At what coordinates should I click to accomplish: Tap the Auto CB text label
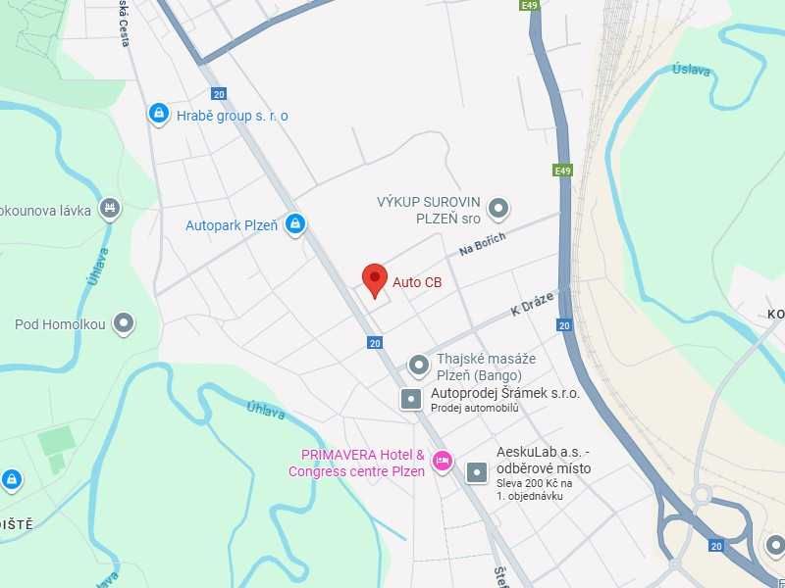click(417, 283)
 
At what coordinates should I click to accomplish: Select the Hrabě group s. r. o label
click(233, 116)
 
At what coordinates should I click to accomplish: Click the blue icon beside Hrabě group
click(157, 115)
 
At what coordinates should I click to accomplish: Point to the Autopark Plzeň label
click(232, 225)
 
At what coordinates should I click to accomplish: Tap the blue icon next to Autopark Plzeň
click(293, 225)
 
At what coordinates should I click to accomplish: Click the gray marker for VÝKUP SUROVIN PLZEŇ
click(499, 208)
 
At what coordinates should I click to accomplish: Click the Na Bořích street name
click(482, 245)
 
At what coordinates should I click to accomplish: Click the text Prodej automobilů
click(474, 408)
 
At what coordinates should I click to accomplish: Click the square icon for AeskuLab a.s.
click(477, 472)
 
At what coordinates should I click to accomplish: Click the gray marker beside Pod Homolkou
click(124, 323)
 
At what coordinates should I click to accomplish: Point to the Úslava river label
click(691, 70)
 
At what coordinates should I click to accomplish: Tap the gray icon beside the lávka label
click(110, 209)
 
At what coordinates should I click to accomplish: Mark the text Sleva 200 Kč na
click(537, 483)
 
